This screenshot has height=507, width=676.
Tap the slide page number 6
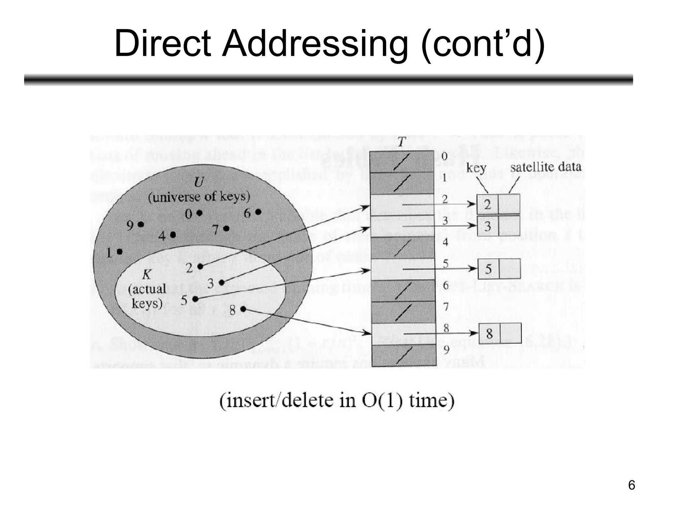(631, 485)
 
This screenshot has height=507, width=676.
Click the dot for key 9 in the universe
(141, 224)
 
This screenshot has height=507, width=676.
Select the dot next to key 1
(120, 252)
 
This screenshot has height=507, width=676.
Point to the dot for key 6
(258, 212)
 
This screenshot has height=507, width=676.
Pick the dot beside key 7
(226, 228)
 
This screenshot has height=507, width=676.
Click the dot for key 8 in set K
(243, 309)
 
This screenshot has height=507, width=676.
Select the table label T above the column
(401, 142)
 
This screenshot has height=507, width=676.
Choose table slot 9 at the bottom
(404, 355)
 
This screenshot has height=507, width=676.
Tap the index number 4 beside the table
(445, 242)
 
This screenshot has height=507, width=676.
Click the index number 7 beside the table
(446, 307)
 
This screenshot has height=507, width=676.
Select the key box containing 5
(489, 269)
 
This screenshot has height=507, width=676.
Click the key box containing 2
(488, 205)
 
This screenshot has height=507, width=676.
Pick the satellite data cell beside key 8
(511, 333)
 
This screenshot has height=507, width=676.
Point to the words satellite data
(545, 167)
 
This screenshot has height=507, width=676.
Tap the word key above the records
(476, 168)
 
